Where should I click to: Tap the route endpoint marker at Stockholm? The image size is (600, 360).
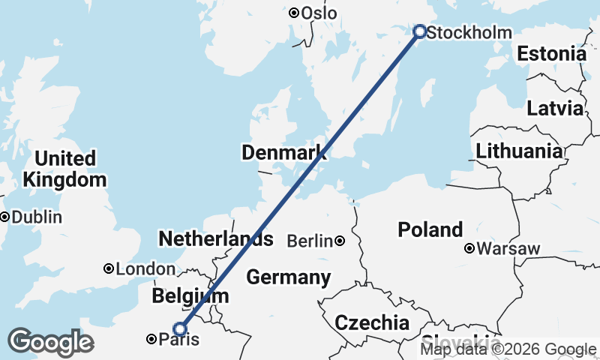pos(420,31)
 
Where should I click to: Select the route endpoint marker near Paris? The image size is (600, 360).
pos(180,328)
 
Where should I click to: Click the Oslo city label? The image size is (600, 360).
pos(319,13)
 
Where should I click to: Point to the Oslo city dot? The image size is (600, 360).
pos(294,13)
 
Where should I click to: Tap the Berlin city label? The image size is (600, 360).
pos(310,241)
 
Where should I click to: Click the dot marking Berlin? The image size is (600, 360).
pos(340,241)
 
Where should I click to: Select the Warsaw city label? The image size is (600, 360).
pos(508,248)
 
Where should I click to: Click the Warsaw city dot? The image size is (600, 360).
pos(469,248)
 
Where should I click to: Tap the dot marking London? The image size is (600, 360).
pos(109,268)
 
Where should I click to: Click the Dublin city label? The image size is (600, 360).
pos(36,217)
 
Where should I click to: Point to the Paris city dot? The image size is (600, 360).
pos(151,340)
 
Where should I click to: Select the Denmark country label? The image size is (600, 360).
pos(284,153)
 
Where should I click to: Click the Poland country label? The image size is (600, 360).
pos(430,229)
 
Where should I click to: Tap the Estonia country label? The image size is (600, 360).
pos(551,54)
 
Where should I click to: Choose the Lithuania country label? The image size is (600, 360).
pos(519,151)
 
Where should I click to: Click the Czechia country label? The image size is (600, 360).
pos(372,323)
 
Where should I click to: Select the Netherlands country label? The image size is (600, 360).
pos(215,240)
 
